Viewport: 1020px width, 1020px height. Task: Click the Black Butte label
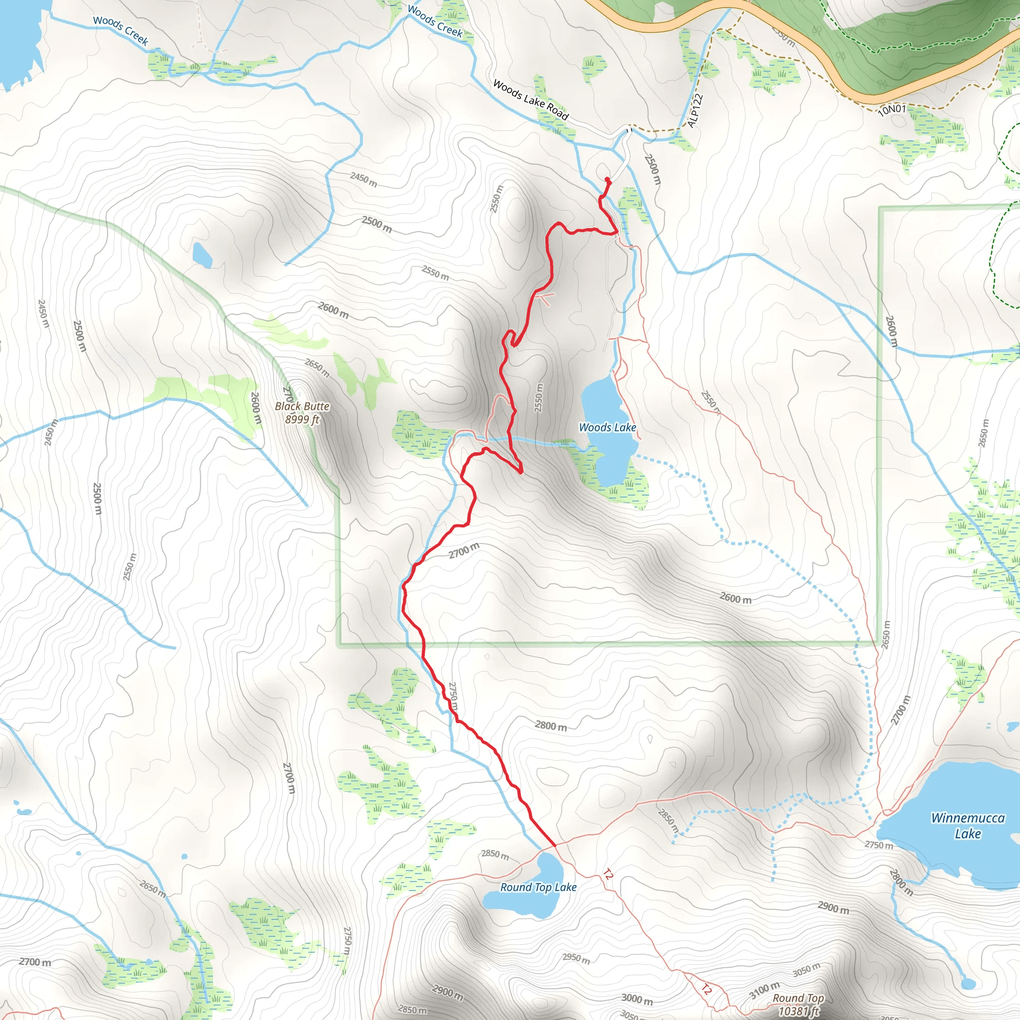(302, 406)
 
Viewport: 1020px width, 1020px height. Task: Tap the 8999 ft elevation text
(302, 420)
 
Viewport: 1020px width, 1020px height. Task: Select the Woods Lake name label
(607, 427)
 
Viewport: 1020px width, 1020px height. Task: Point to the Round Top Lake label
(538, 888)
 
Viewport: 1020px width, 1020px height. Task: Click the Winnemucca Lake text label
(967, 826)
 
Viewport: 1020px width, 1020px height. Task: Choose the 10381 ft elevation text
(798, 1011)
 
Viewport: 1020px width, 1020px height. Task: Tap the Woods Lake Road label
(530, 100)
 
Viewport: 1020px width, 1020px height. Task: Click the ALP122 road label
(695, 111)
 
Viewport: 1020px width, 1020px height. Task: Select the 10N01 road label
(892, 110)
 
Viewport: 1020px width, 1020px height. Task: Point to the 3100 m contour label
(765, 990)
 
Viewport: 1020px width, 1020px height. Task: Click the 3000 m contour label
(637, 999)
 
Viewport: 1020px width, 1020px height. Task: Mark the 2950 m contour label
(576, 958)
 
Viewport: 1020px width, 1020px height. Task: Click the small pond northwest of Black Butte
(202, 255)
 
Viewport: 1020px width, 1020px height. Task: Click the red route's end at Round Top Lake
(554, 846)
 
